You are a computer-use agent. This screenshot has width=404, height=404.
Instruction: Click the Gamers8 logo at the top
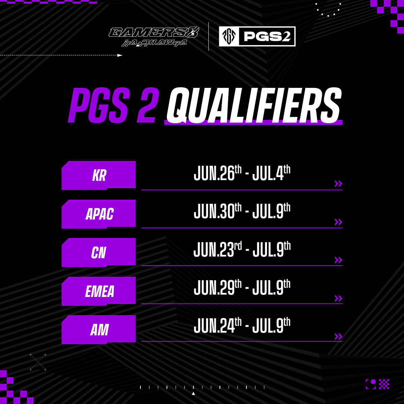pyautogui.click(x=154, y=37)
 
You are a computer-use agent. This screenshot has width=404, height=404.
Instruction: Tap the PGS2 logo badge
pyautogui.click(x=257, y=36)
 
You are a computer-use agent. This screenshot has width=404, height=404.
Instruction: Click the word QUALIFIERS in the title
pyautogui.click(x=254, y=105)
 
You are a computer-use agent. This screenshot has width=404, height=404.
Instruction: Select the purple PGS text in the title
pyautogui.click(x=98, y=105)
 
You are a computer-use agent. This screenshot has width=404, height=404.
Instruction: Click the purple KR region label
pyautogui.click(x=99, y=175)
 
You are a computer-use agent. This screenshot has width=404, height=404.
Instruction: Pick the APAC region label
pyautogui.click(x=99, y=214)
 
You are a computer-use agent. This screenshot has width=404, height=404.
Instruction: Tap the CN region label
pyautogui.click(x=99, y=252)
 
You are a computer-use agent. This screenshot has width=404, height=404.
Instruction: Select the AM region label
pyautogui.click(x=99, y=330)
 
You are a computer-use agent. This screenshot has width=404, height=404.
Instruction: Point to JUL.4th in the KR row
pyautogui.click(x=271, y=173)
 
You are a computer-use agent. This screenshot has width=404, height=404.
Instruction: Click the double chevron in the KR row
pyautogui.click(x=338, y=183)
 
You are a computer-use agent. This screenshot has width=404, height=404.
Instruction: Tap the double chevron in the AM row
pyautogui.click(x=338, y=336)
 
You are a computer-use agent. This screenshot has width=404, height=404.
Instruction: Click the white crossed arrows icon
pyautogui.click(x=38, y=362)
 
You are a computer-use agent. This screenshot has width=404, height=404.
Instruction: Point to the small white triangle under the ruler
pyautogui.click(x=193, y=393)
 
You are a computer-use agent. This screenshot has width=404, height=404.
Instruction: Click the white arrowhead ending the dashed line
pyautogui.click(x=120, y=55)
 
